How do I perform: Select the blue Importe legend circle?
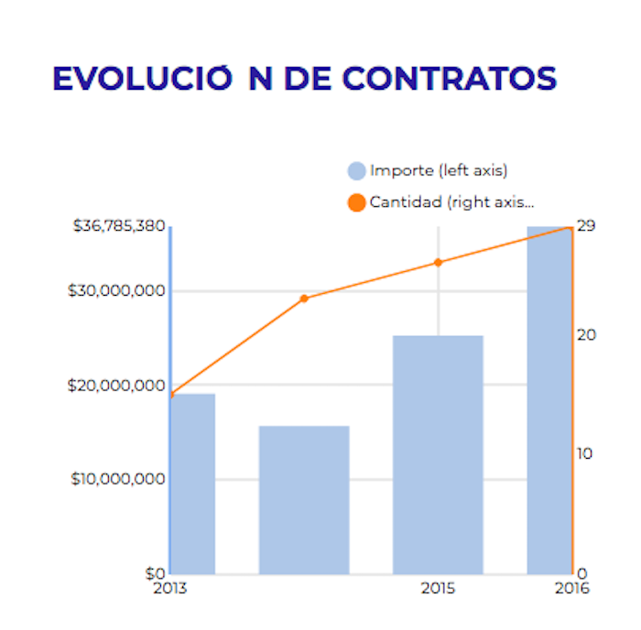tap(357, 171)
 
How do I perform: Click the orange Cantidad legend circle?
tap(357, 202)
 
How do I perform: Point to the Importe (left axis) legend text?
tap(439, 171)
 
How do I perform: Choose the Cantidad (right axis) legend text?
tap(451, 202)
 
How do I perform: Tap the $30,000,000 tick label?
tap(116, 291)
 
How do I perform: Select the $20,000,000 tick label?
tap(116, 386)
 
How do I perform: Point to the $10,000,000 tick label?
tap(117, 479)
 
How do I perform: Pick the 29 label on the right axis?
tap(587, 225)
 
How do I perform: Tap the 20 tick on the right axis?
tap(587, 335)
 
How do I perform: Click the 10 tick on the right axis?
tap(587, 454)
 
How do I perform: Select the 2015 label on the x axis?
tap(438, 589)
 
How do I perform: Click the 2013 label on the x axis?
tap(170, 589)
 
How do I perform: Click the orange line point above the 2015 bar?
tap(438, 263)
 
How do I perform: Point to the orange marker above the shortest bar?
tap(304, 299)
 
